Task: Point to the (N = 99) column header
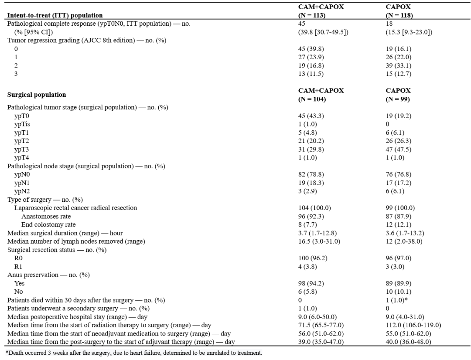396,99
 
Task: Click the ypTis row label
22,124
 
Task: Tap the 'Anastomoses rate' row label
46,216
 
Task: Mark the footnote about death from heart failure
132,353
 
